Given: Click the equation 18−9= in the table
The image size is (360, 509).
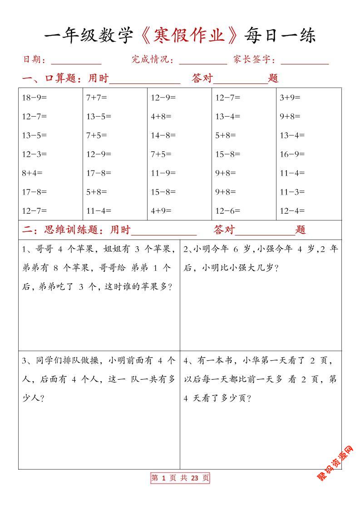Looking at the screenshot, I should pos(35,97).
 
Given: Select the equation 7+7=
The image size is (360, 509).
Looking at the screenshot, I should pos(97,97).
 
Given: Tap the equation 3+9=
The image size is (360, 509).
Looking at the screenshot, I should pos(290,97).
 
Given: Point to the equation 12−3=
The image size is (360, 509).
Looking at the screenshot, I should pos(35,154).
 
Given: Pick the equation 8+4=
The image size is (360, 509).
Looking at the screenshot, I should pos(32,173).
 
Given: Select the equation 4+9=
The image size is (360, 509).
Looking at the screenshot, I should pos(161,211).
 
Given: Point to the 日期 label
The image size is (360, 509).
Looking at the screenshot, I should pos(32,59).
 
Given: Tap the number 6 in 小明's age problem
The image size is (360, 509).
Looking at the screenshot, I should pos(236,249).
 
